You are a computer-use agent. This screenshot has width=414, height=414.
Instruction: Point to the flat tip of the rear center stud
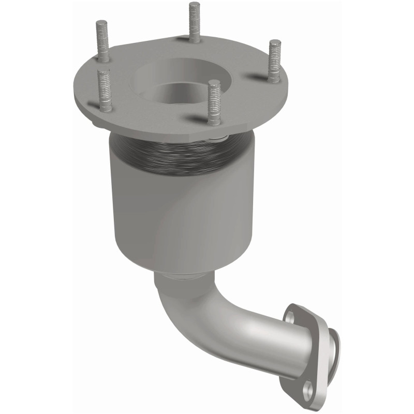194,4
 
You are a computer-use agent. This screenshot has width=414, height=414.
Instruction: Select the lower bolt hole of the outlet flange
308,387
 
